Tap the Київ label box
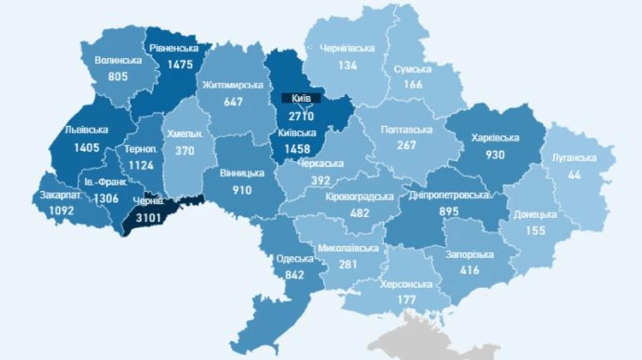coord(301,98)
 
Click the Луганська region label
coord(574,158)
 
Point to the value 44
coord(574,174)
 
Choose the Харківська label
coord(495,138)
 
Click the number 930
coord(495,155)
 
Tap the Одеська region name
coord(294,259)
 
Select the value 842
coord(294,275)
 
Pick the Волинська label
coord(118,60)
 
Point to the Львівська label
coord(86,130)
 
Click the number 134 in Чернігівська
coord(347,65)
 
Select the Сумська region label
coord(412,69)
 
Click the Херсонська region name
coord(407,284)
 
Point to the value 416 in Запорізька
coord(469,270)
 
